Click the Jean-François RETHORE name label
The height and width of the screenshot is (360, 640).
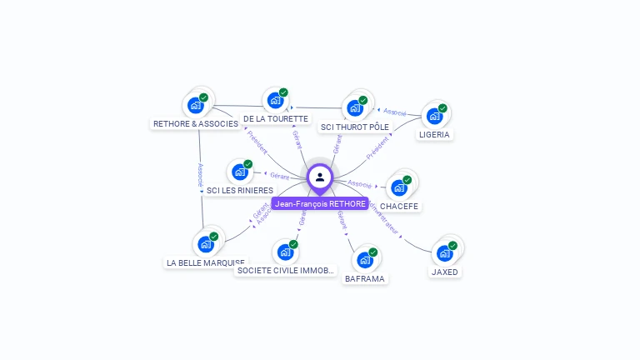coord(320,203)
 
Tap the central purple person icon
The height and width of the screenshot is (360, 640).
coord(320,177)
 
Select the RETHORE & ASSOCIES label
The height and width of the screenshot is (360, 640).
coord(196,123)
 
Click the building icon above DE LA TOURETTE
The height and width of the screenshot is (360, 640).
coord(275,101)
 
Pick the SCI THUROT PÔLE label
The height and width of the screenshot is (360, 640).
coord(355,127)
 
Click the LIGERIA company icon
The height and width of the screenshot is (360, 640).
coord(434,116)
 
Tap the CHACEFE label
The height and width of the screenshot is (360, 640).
coord(399,206)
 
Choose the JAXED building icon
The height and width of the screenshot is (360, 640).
coord(444,253)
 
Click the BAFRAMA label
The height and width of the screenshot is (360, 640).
coord(365,278)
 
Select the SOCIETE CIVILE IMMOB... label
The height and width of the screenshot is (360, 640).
coord(286,270)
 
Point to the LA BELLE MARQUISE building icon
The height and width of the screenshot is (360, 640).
coord(205,245)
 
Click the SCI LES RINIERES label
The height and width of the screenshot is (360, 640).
coord(240,190)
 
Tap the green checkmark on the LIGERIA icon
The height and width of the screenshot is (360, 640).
coord(442,108)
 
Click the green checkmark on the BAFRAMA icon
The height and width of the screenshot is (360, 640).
coord(372,252)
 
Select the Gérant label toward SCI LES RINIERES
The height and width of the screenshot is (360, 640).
coord(279,177)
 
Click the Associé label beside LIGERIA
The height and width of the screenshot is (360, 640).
coord(393,112)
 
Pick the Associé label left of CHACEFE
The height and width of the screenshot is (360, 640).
coord(360,183)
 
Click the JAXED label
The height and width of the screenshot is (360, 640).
coord(445,272)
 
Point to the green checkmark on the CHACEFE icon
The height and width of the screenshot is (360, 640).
coord(407,179)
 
